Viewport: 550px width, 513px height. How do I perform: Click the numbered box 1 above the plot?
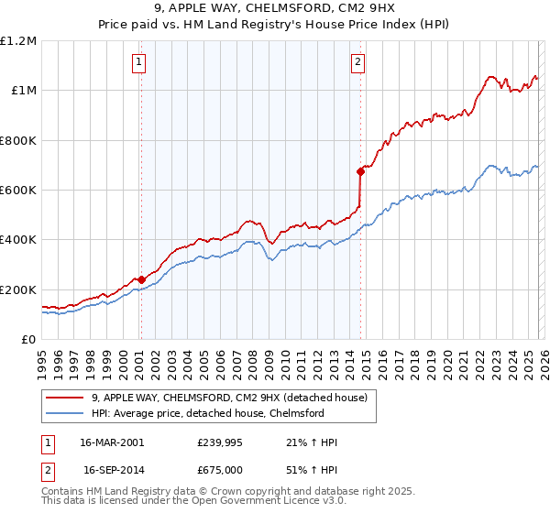point(139,62)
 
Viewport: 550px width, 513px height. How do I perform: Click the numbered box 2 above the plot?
point(357,62)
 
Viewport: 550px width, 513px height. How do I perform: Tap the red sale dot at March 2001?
point(141,280)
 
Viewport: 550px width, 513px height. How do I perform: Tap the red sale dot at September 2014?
point(360,170)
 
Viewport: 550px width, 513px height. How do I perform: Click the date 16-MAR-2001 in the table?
point(112,442)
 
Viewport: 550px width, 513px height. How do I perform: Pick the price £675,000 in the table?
point(226,469)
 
